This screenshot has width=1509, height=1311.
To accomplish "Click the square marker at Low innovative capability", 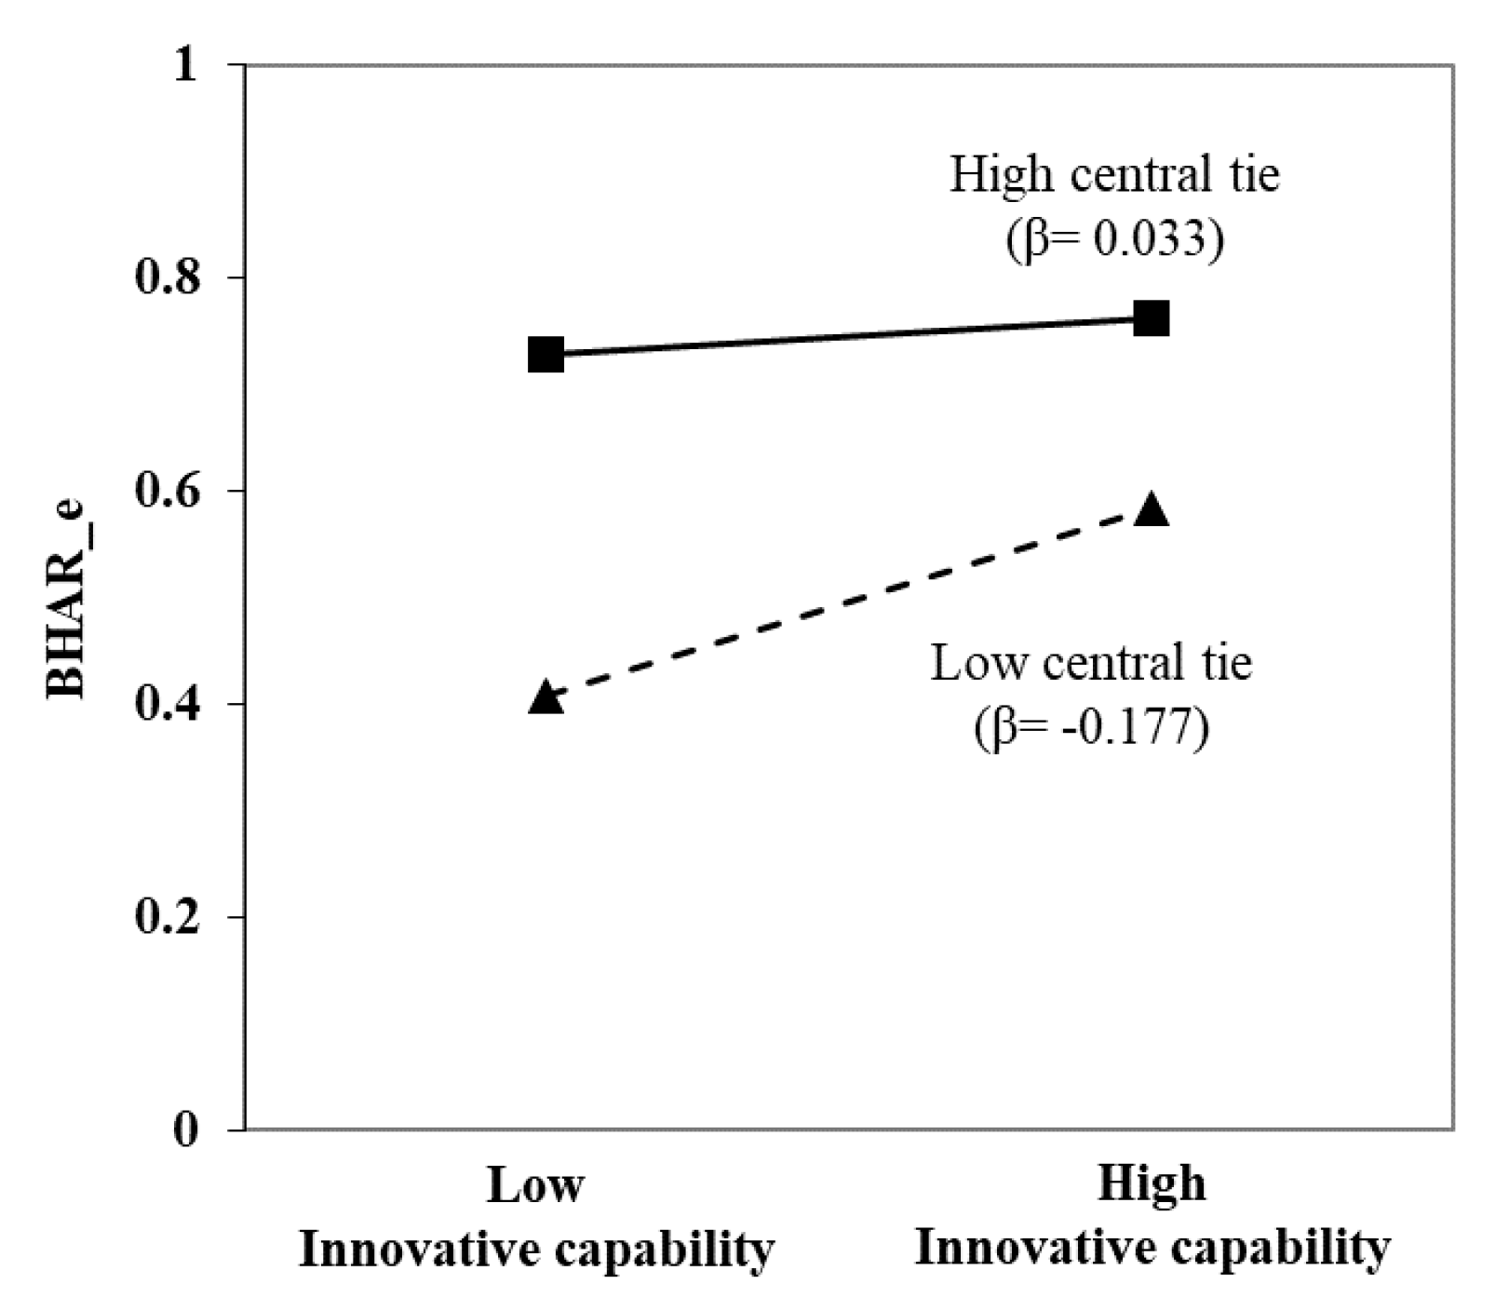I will coord(546,355).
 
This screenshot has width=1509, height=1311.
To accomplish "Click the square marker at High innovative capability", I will coord(1152,318).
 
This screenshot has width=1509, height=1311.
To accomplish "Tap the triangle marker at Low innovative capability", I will coord(546,697).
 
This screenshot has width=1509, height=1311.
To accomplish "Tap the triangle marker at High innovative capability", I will coord(1152,510).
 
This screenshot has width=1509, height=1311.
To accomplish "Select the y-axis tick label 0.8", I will coord(168,277).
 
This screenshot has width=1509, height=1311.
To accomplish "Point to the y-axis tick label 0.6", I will coord(168,491).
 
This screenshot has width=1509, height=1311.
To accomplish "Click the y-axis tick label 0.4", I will coord(168,704).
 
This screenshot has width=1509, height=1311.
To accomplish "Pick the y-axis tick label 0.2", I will coord(168,917).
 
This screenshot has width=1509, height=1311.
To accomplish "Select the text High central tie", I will coord(1114,174).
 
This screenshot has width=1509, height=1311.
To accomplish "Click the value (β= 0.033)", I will coord(1114,239).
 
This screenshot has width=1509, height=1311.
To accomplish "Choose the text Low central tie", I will coord(1091,663).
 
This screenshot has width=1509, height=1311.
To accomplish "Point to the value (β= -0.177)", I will coord(1091,727).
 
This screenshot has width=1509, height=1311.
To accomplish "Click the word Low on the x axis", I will coord(535,1185).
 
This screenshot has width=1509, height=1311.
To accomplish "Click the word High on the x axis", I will coord(1152,1183).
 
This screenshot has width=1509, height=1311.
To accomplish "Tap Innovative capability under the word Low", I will coord(535,1250).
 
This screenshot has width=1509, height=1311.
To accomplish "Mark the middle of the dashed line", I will coord(849,604).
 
